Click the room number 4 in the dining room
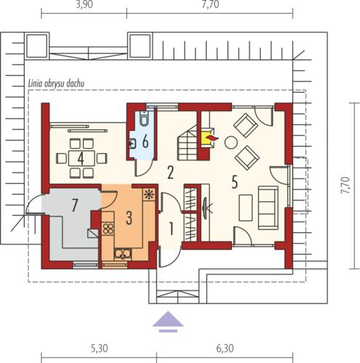point(81,158)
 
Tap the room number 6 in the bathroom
point(145,142)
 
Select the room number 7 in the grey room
point(75,205)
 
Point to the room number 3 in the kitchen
point(129,218)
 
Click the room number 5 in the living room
point(234,182)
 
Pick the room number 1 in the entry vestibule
point(171,229)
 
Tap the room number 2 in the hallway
point(171,172)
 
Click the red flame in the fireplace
point(212,138)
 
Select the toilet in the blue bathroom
point(144,118)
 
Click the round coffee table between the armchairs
point(231,142)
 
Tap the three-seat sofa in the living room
point(268,208)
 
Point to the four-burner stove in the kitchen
point(108,229)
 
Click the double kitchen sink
point(123,254)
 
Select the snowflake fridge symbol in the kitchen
point(149,195)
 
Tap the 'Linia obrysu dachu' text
point(57,83)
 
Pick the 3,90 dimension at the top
point(84,4)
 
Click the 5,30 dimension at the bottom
point(99,348)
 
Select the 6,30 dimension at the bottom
point(225,348)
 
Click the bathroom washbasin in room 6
point(132,144)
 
